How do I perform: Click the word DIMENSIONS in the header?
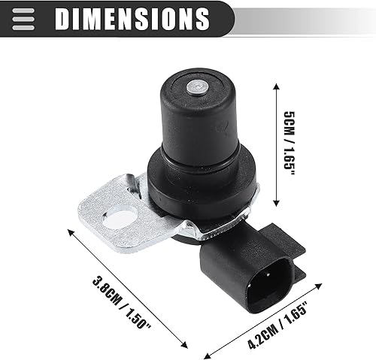coord(132,17)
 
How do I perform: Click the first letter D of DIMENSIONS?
coord(62,17)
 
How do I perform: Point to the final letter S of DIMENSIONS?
coord(201,17)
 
